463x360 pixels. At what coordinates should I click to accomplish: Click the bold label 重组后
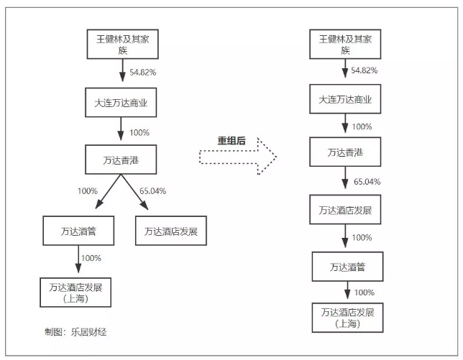click(232, 140)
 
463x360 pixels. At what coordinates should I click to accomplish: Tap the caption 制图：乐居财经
click(75, 332)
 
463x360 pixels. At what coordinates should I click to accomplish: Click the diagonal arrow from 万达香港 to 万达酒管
click(108, 191)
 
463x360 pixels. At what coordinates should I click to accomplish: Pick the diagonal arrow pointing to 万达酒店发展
click(134, 192)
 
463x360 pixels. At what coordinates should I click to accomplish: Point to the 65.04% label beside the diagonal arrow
click(152, 191)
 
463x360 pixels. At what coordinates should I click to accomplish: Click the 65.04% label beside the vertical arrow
click(367, 182)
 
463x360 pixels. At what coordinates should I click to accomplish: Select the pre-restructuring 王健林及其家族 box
click(122, 44)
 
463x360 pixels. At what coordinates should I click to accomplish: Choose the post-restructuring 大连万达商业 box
click(345, 99)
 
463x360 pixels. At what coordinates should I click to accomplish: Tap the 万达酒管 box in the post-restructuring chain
click(347, 267)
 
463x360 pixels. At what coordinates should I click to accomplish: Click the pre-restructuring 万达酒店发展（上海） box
click(75, 292)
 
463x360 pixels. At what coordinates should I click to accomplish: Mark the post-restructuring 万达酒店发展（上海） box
click(347, 318)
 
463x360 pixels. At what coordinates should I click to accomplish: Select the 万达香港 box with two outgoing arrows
click(121, 160)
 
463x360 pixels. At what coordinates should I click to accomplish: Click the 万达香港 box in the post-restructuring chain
click(345, 152)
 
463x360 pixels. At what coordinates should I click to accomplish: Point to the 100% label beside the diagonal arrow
click(88, 191)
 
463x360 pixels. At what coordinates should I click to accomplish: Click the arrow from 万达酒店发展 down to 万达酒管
click(345, 236)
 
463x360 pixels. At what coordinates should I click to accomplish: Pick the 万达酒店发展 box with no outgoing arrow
click(171, 231)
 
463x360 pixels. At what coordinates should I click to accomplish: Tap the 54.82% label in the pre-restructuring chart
click(143, 73)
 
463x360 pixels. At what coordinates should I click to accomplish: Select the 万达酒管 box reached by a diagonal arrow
click(78, 231)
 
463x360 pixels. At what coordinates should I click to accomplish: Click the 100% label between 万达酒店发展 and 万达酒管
click(362, 238)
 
